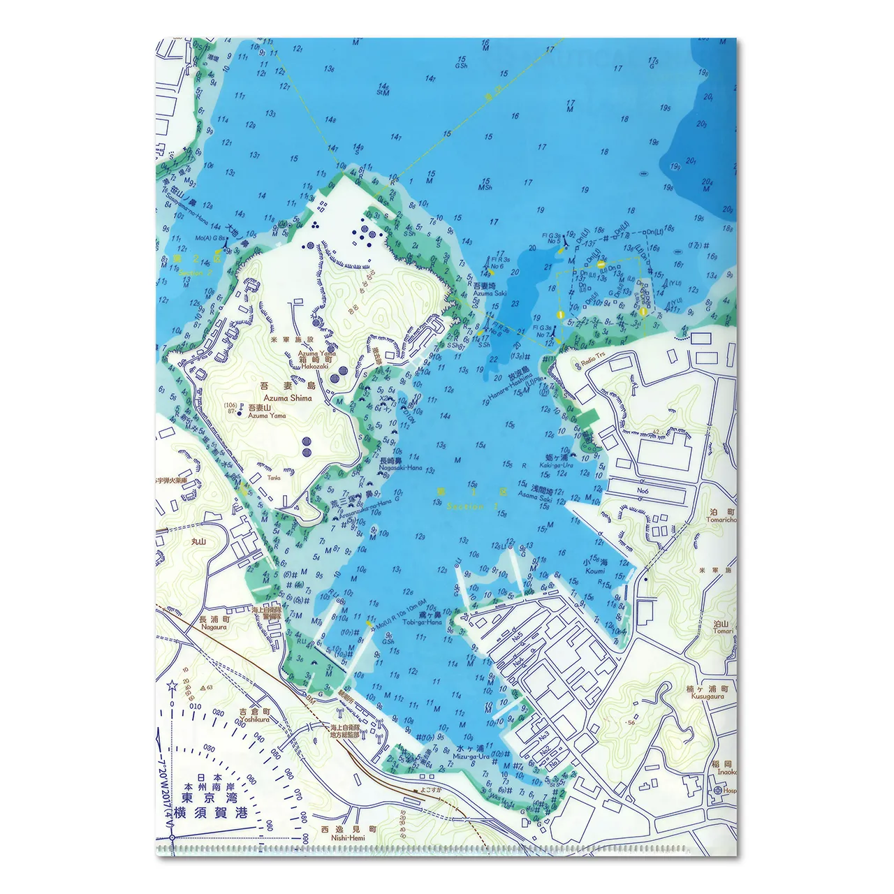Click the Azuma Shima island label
pos(288,398)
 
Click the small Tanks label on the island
pos(273,478)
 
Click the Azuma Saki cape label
pos(489,293)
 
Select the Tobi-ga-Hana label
pos(421,622)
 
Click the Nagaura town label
pos(214,627)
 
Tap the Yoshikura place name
pos(254,719)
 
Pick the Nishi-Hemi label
pos(349,838)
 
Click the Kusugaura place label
pos(708,696)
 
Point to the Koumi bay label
pos(595,571)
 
